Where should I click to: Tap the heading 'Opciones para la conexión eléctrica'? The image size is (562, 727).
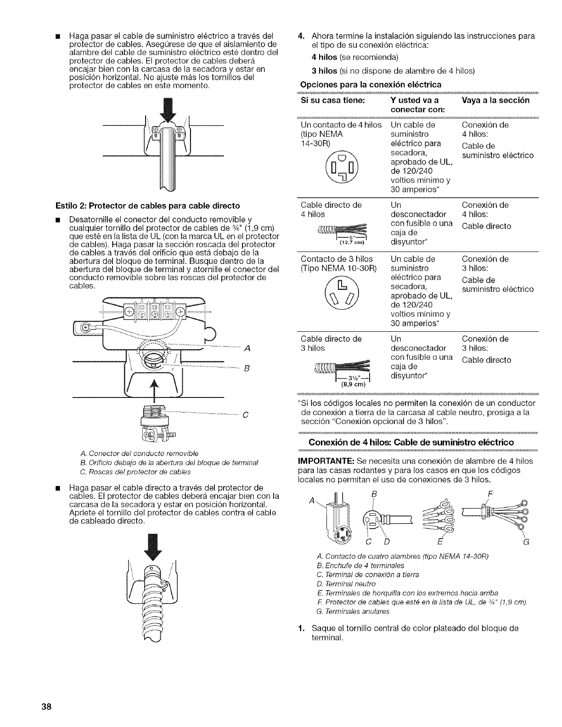tap(370, 84)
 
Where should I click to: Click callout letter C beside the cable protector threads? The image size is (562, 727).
tap(246, 416)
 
